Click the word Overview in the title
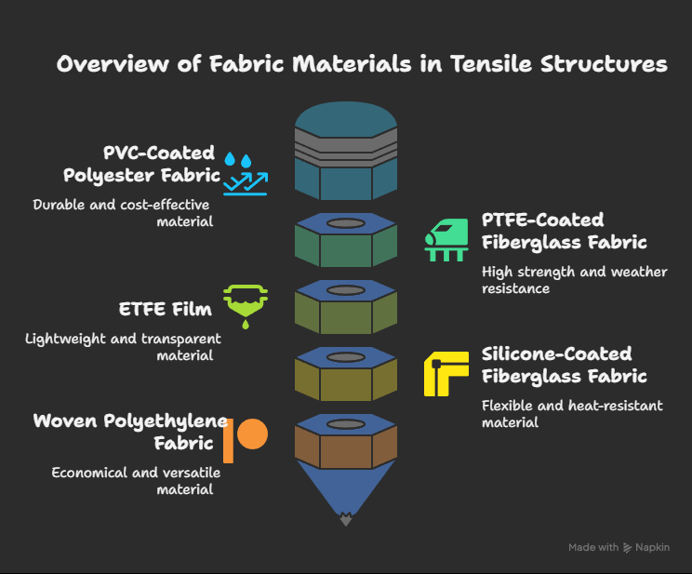pyautogui.click(x=113, y=64)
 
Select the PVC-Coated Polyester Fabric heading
pyautogui.click(x=141, y=165)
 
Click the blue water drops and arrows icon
pyautogui.click(x=246, y=174)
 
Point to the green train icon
pyautogui.click(x=446, y=240)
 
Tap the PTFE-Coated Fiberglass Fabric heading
pyautogui.click(x=564, y=231)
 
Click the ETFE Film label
pyautogui.click(x=165, y=309)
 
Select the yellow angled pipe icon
pyautogui.click(x=446, y=374)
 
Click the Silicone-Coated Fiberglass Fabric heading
pyautogui.click(x=564, y=366)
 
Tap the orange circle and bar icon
pyautogui.click(x=246, y=440)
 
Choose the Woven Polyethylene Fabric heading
pyautogui.click(x=130, y=432)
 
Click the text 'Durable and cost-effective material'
pyautogui.click(x=123, y=213)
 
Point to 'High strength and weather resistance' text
pyautogui.click(x=574, y=280)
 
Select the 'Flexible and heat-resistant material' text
pyautogui.click(x=572, y=414)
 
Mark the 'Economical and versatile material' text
pyautogui.click(x=136, y=481)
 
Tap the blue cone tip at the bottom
pyautogui.click(x=346, y=519)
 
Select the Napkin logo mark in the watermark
pyautogui.click(x=627, y=548)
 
